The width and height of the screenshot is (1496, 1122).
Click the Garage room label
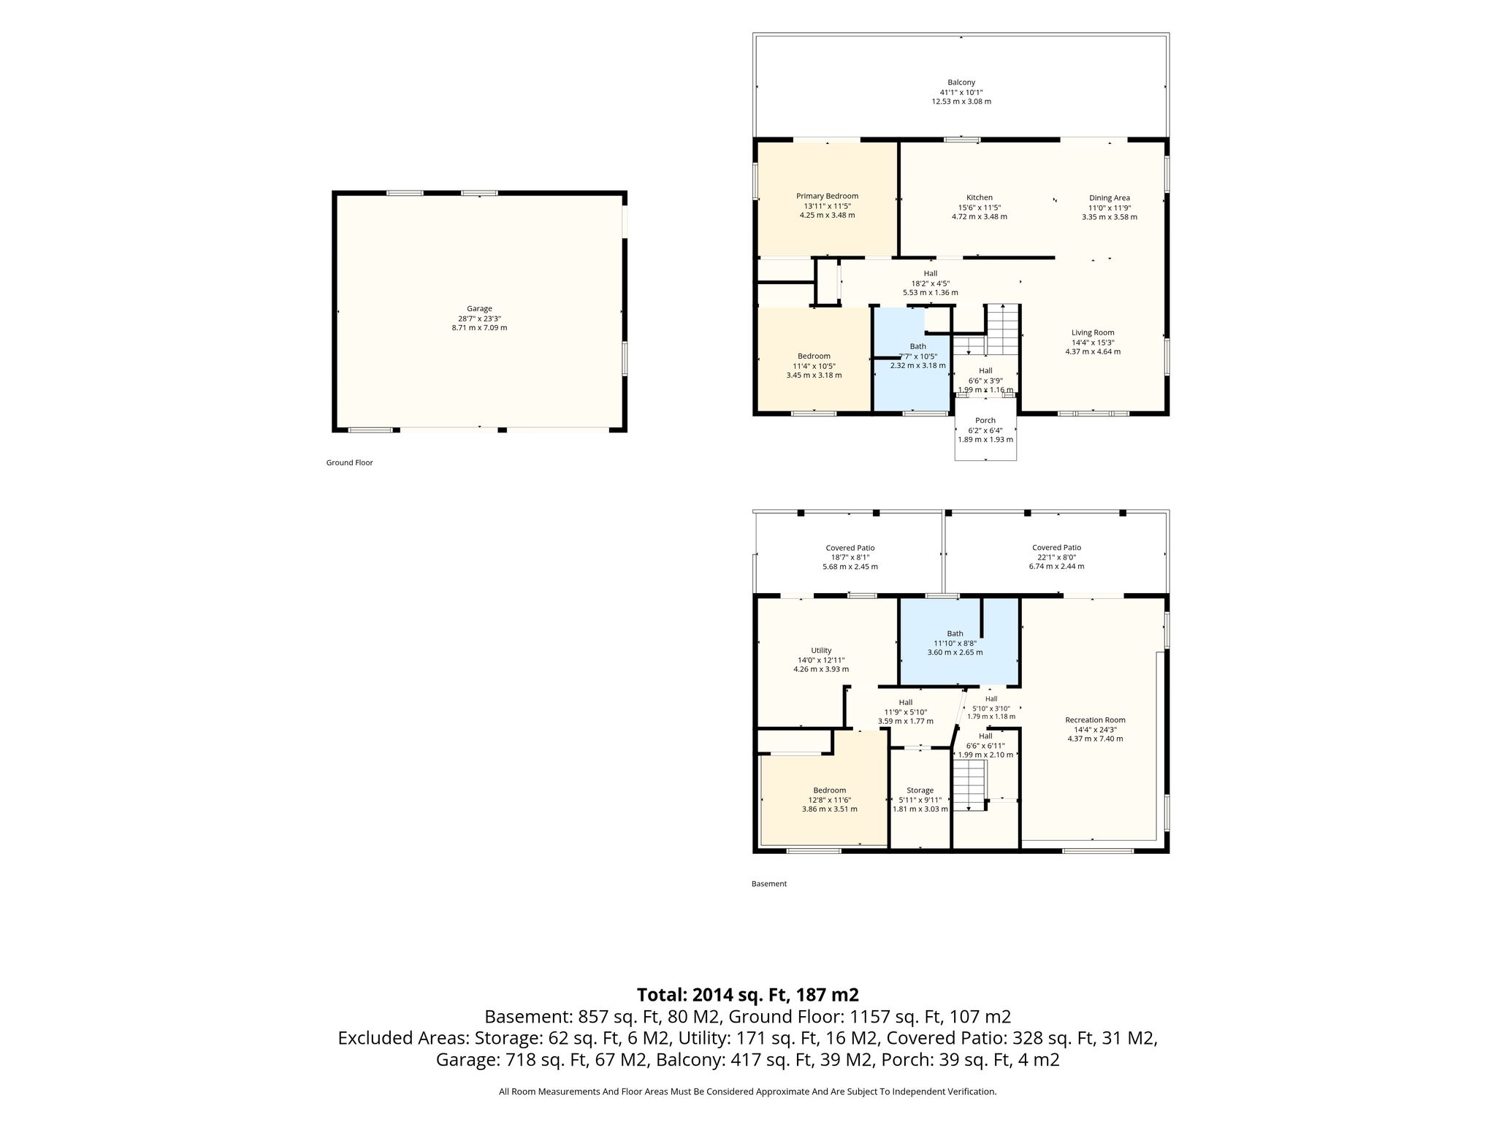[x=479, y=309]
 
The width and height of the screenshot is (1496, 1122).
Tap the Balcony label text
[x=961, y=83]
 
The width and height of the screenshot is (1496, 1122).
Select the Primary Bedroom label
[x=827, y=196]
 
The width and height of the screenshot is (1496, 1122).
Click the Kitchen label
[x=980, y=197]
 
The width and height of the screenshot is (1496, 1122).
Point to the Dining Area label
[x=1110, y=198]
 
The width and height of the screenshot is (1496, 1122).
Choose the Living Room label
[x=1093, y=333]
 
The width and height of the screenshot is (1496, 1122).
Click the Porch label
[x=985, y=421]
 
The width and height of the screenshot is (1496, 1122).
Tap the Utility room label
[x=821, y=651]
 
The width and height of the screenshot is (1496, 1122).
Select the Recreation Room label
[x=1095, y=720]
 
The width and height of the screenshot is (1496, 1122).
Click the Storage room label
[x=920, y=790]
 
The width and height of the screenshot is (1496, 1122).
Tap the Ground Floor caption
[x=349, y=462]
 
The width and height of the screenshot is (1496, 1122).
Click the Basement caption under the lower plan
[x=769, y=884]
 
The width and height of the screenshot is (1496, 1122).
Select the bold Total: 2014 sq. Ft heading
[x=748, y=995]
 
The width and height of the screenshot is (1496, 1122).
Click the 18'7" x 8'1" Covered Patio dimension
[x=850, y=557]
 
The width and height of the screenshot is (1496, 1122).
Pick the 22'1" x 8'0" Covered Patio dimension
[x=1056, y=557]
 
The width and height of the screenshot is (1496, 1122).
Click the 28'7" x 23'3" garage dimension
[x=479, y=318]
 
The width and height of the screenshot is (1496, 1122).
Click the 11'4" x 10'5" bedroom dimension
[x=814, y=366]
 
